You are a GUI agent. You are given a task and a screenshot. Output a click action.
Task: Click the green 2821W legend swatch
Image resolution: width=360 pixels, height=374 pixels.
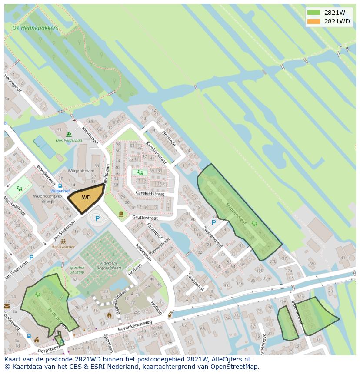tap(313, 13)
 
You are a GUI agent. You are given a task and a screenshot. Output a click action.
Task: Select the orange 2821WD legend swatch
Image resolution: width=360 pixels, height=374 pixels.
tap(313, 21)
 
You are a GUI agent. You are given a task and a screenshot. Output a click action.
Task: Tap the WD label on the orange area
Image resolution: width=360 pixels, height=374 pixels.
tap(86, 198)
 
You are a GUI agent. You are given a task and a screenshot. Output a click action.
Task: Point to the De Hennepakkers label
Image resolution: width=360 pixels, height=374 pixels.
tap(35, 28)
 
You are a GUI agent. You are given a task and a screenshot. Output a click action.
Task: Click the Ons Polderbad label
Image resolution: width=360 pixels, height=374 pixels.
tap(68, 141)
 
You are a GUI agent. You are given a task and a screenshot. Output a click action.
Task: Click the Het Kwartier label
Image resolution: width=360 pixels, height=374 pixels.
tap(63, 247)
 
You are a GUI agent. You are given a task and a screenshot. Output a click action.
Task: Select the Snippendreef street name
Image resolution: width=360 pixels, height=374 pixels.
tap(236, 212)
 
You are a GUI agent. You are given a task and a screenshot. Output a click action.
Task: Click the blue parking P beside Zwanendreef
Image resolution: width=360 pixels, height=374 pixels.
tap(213, 222)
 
